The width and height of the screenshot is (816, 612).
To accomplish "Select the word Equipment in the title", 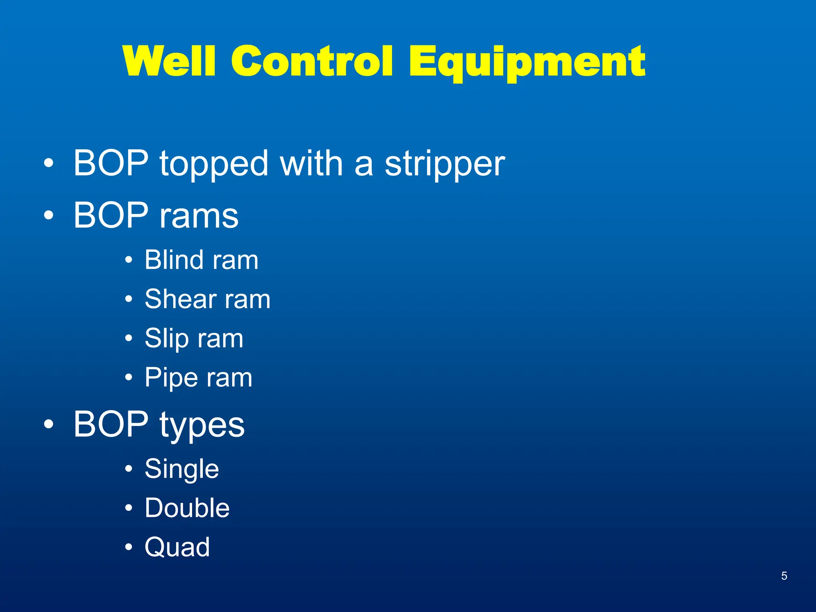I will pyautogui.click(x=527, y=62).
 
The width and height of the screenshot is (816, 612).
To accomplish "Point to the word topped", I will pyautogui.click(x=214, y=164).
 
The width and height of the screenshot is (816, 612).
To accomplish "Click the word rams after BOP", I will pyautogui.click(x=199, y=216).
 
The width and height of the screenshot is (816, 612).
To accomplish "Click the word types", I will pyautogui.click(x=202, y=425).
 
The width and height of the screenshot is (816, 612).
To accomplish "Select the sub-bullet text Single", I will pyautogui.click(x=182, y=469).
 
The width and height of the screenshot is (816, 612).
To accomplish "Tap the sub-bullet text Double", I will pyautogui.click(x=187, y=508).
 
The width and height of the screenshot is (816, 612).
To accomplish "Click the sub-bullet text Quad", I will pyautogui.click(x=177, y=547).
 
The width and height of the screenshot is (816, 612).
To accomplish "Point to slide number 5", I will pyautogui.click(x=784, y=576).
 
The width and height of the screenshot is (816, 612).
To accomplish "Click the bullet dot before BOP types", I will pyautogui.click(x=48, y=425).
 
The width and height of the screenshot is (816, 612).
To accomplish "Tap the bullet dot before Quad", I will pyautogui.click(x=128, y=547).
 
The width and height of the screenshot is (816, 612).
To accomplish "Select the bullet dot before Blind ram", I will pyautogui.click(x=128, y=260).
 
